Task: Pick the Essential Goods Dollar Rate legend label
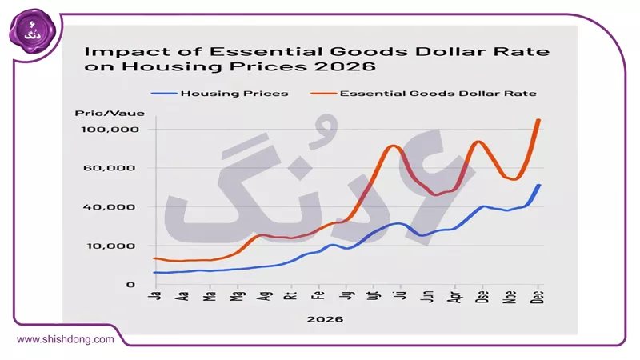coord(438,94)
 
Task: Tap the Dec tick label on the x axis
coord(538,298)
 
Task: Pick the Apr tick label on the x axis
coord(455,298)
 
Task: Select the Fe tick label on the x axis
coord(318,297)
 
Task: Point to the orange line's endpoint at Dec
coord(538,120)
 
